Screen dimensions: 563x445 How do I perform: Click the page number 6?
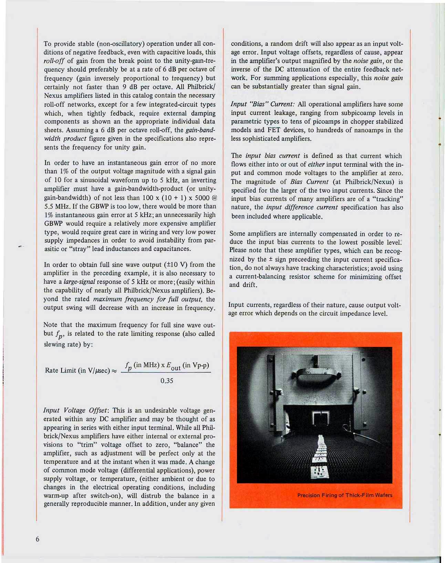coord(38,539)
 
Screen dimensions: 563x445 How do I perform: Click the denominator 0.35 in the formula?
coord(167,381)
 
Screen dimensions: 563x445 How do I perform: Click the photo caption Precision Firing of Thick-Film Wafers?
coord(344,495)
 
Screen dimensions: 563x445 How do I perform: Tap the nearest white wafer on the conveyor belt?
coord(320,472)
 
